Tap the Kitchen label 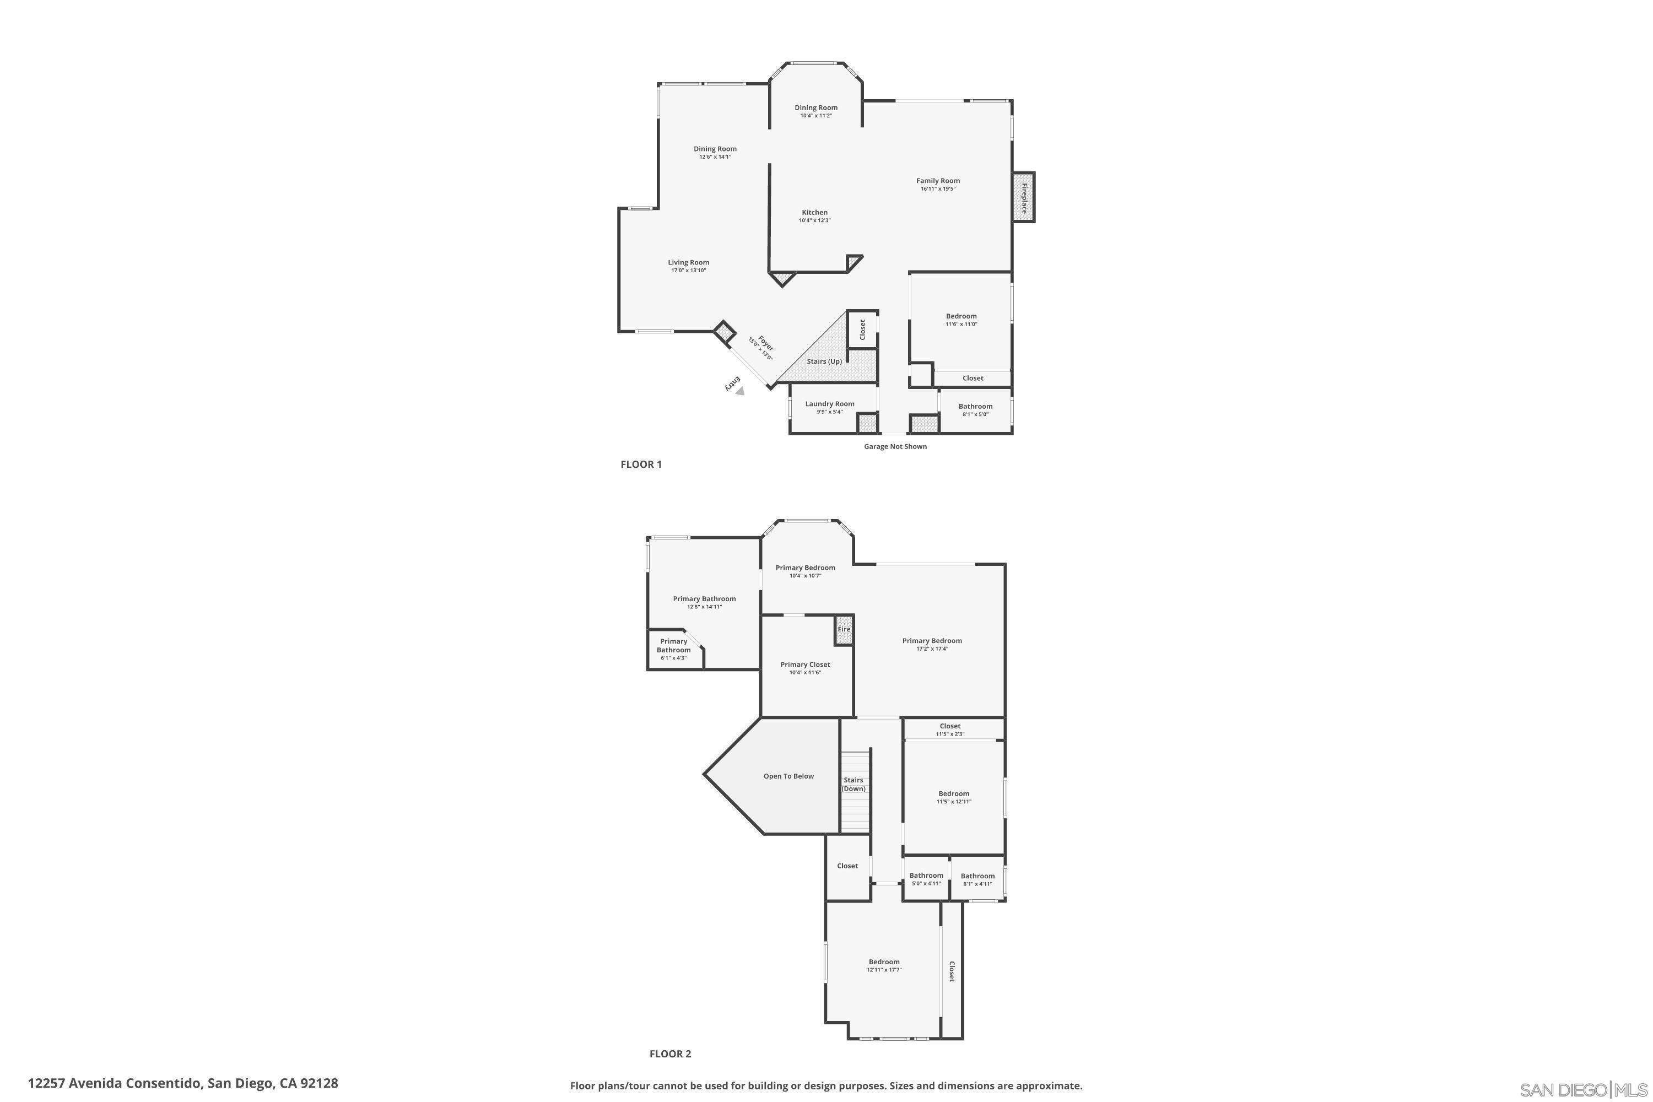[x=814, y=212]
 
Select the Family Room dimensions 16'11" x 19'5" [x=938, y=189]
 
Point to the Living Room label [x=688, y=262]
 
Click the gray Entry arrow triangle [x=739, y=391]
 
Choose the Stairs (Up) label [x=824, y=361]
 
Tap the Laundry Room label [x=829, y=403]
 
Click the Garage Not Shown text [x=895, y=446]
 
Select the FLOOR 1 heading [x=641, y=464]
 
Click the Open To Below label [x=788, y=776]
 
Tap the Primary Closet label [x=804, y=664]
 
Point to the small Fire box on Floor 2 [x=844, y=630]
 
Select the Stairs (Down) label [x=853, y=784]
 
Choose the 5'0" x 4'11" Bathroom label [x=926, y=876]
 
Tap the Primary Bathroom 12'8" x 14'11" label [x=704, y=599]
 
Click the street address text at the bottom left [x=183, y=1083]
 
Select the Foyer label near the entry [x=765, y=344]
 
